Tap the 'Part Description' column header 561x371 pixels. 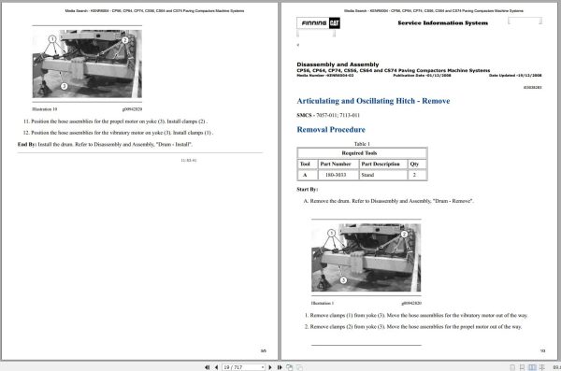pos(380,163)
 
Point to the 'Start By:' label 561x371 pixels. pos(307,190)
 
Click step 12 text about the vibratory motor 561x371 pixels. pos(122,133)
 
